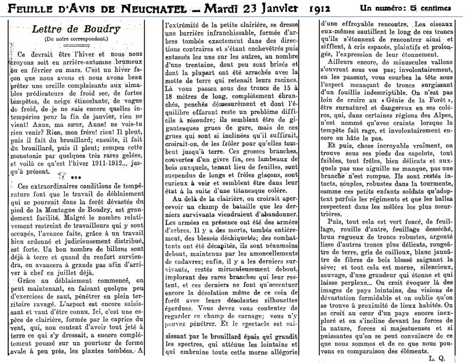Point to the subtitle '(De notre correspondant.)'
(76, 39)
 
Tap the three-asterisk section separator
(76, 178)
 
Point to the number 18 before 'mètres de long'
(169, 96)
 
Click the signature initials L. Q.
(437, 359)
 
